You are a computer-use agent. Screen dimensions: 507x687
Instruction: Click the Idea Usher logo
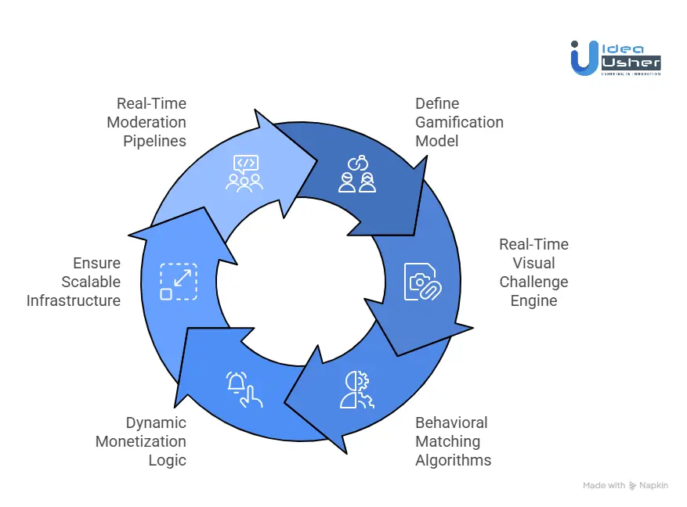tap(616, 56)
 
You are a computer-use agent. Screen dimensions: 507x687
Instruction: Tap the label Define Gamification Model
tap(459, 122)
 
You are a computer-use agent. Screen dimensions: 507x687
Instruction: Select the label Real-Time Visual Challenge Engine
tap(533, 272)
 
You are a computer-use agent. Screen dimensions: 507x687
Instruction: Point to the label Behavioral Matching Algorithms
tap(453, 441)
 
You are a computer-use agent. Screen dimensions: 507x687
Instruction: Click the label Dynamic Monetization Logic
tap(142, 441)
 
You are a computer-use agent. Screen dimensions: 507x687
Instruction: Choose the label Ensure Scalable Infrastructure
tap(74, 282)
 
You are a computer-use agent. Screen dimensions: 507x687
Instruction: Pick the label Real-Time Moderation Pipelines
tap(146, 122)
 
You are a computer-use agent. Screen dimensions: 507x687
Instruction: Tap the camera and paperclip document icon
tap(423, 282)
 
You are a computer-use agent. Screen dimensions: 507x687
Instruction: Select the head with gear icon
tap(357, 389)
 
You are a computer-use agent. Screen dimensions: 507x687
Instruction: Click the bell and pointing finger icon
tap(244, 389)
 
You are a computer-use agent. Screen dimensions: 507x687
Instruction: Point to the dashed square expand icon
tap(179, 282)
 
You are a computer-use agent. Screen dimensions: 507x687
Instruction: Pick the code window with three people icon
tap(244, 174)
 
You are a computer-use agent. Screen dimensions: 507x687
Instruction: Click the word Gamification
tap(459, 122)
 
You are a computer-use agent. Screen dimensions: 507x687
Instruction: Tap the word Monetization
tap(141, 441)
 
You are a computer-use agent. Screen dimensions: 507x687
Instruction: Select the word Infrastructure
tap(74, 300)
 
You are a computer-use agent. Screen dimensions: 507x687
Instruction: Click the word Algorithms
tap(453, 460)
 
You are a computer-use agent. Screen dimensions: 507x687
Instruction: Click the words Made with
tap(605, 486)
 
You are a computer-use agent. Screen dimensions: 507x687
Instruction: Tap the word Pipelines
tap(154, 141)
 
